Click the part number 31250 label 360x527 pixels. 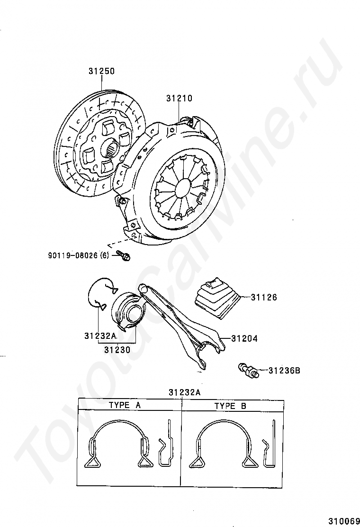pos(101,72)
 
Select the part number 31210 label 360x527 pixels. pos(179,99)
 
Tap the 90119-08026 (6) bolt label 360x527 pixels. pos(78,255)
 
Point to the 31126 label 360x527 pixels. pos(264,298)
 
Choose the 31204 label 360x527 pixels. pos(244,339)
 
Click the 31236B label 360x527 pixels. pos(284,371)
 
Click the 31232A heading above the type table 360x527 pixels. pos(184,392)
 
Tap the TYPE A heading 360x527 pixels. pos(125,405)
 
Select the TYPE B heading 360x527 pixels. pos(231,406)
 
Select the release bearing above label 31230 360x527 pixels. pos(127,310)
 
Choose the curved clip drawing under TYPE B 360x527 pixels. pos(223,443)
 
